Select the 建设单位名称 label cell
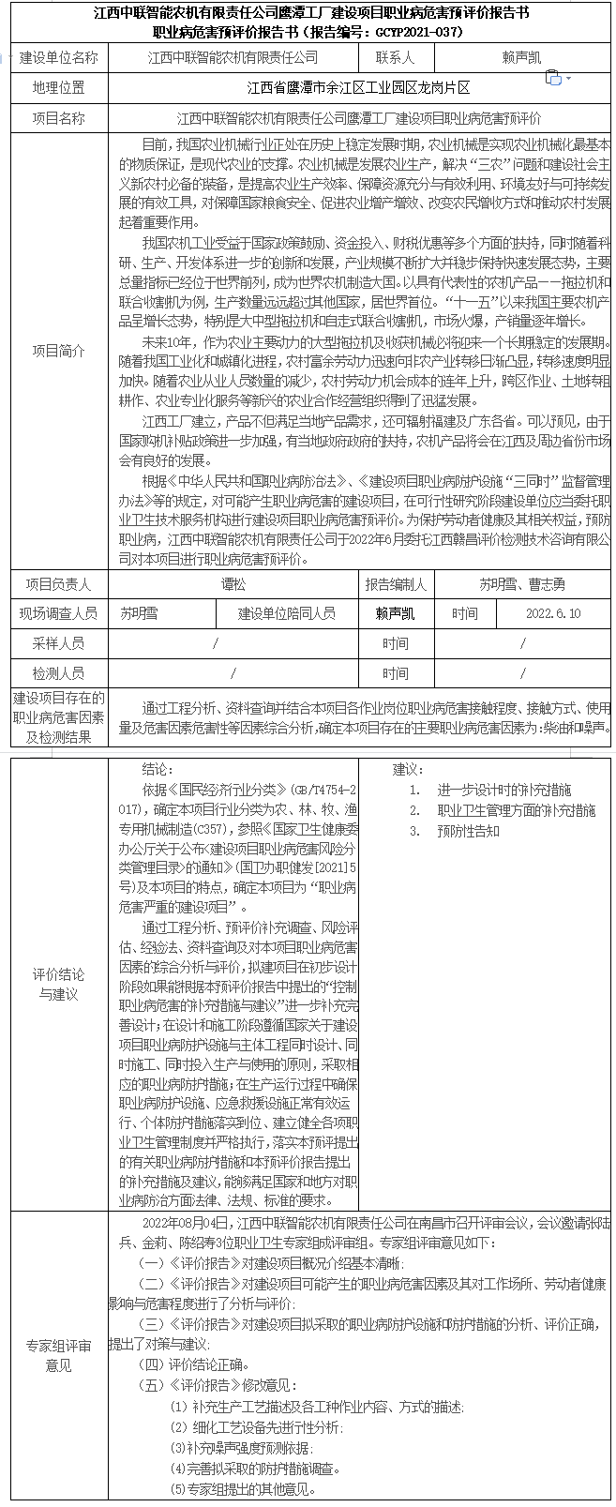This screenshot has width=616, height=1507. click(x=59, y=57)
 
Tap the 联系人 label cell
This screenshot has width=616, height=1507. click(x=395, y=57)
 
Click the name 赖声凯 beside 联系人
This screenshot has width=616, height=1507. click(x=521, y=57)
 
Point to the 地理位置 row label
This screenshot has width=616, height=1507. click(x=59, y=88)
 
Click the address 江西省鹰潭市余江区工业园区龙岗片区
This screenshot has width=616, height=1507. click(x=359, y=88)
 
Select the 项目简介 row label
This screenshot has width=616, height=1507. click(x=59, y=351)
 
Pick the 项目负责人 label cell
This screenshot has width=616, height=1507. click(x=59, y=584)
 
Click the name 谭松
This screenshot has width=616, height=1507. click(x=233, y=584)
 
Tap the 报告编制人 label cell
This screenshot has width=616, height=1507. click(x=395, y=584)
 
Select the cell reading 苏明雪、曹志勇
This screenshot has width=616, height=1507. click(x=522, y=584)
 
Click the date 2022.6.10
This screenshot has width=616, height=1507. click(x=553, y=613)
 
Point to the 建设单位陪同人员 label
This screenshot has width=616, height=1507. click(x=287, y=613)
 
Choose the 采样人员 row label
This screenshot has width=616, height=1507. click(x=59, y=643)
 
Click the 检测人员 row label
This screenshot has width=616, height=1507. click(x=59, y=673)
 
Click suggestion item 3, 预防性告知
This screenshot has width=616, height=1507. click(x=468, y=831)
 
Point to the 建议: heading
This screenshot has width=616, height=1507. click(x=409, y=769)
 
